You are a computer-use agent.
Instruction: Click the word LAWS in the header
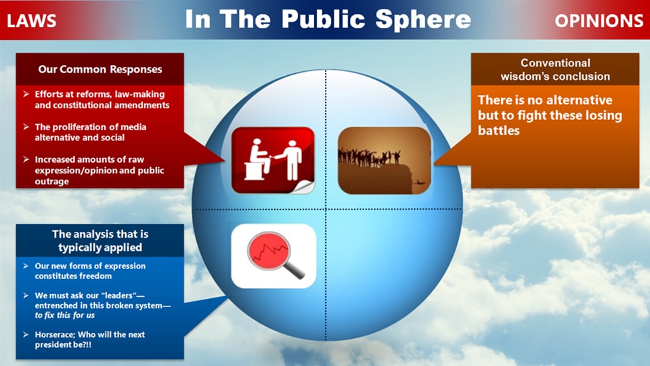pos(31,20)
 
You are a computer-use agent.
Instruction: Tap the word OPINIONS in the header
pos(599,20)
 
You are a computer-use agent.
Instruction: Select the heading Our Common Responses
pos(100,69)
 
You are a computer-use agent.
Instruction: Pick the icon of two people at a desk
pos(273,159)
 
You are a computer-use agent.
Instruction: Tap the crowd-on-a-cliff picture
pos(384,159)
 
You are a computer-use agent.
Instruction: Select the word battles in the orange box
pos(499,130)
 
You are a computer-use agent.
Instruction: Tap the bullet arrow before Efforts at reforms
pos(25,94)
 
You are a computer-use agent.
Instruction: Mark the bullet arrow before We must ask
pos(25,296)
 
